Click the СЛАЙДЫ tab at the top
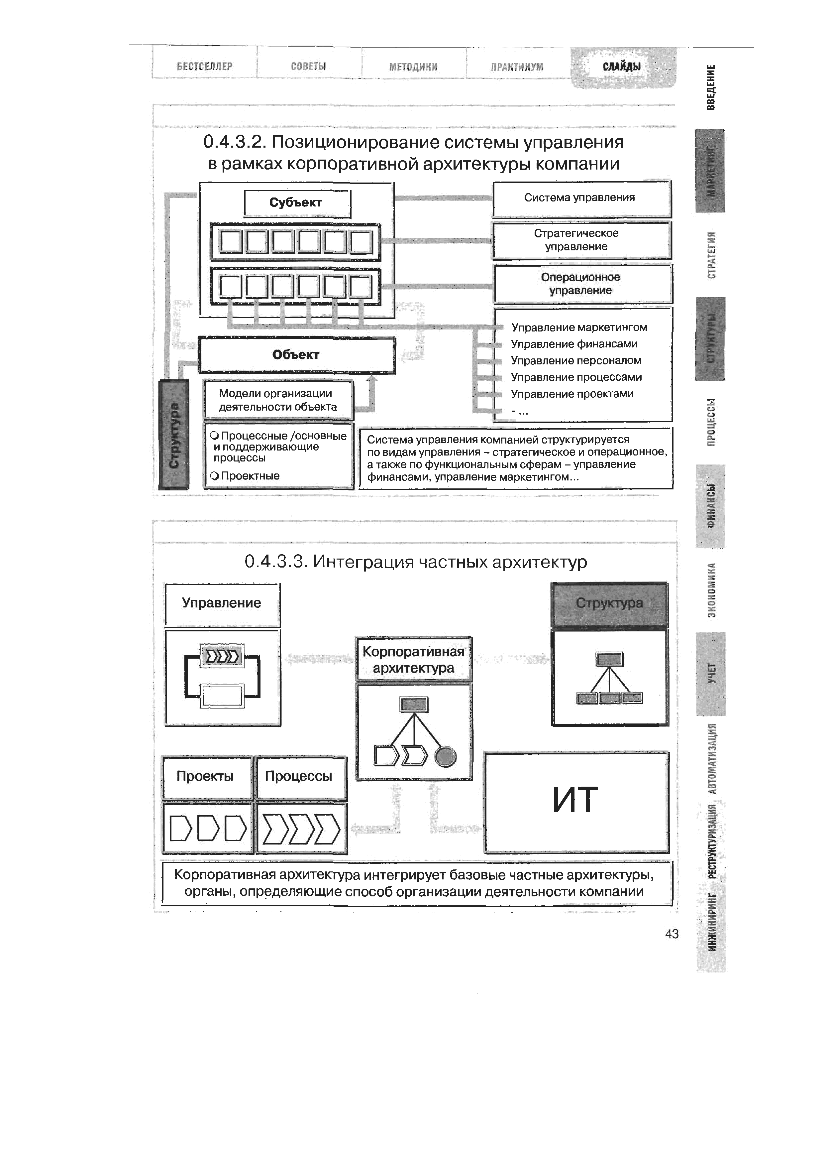622,66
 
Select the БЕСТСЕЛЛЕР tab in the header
204,66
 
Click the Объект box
296,355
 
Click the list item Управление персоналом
576,361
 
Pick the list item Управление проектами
572,394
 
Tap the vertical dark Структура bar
174,435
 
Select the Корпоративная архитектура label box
413,660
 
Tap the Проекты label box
205,776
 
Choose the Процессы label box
299,776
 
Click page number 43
672,934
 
